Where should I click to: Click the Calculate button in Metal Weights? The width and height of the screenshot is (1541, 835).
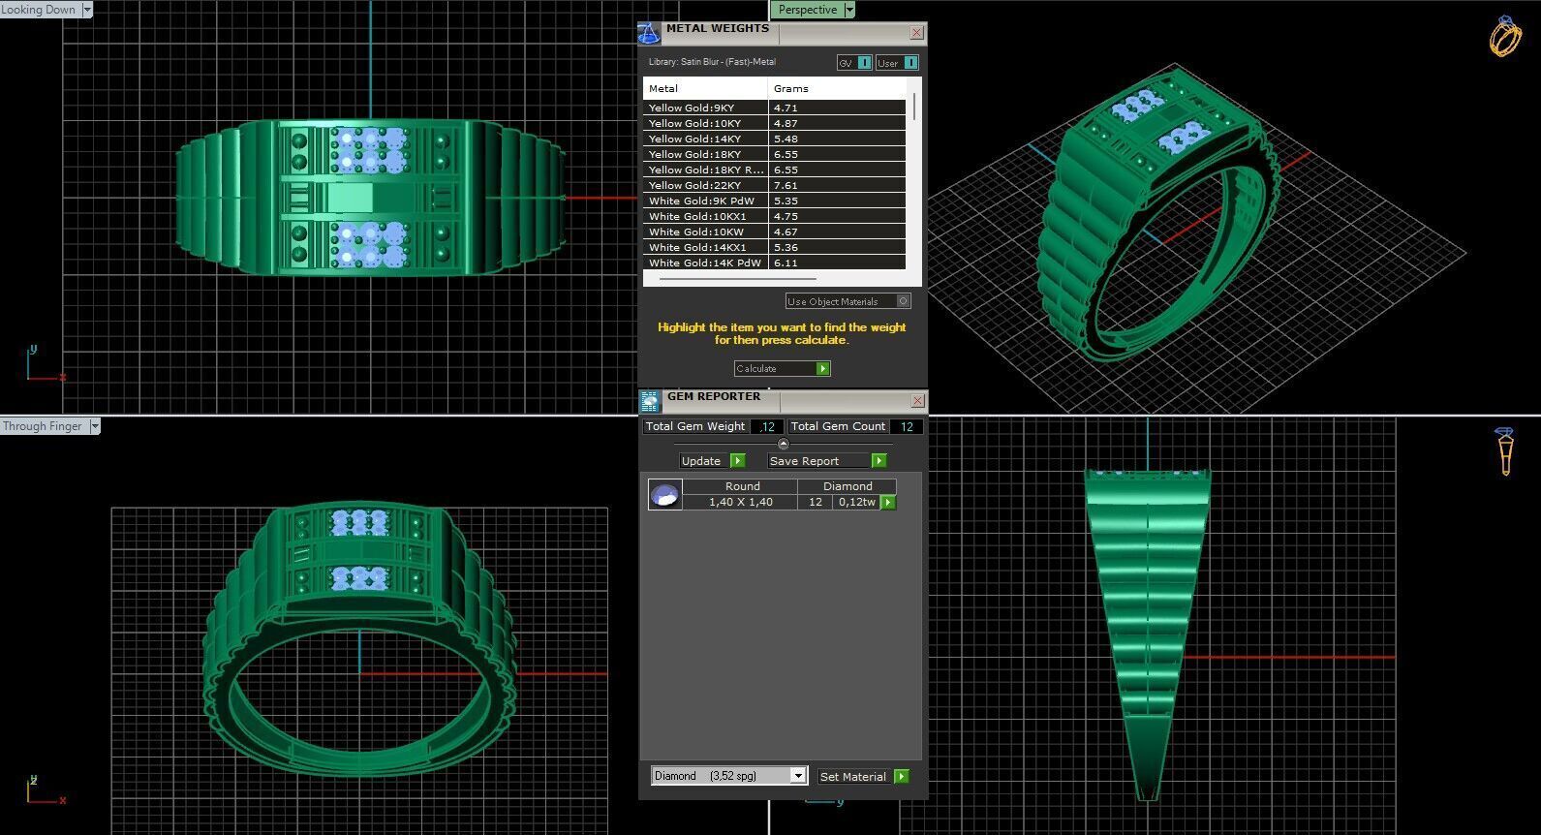tap(782, 369)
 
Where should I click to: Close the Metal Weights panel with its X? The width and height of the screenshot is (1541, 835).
tap(916, 33)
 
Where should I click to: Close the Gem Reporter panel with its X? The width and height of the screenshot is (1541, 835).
tap(917, 401)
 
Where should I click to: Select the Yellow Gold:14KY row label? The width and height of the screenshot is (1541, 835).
tap(695, 139)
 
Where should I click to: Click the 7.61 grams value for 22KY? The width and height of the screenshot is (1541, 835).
tap(786, 185)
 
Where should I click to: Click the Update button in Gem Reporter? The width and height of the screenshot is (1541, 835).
tap(711, 461)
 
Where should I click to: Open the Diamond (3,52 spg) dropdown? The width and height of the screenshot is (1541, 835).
tap(797, 776)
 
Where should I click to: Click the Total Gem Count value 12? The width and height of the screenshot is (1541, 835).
tap(907, 426)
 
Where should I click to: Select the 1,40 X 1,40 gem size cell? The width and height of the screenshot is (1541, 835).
tap(740, 502)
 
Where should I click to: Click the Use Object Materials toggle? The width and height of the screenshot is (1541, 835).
tap(848, 301)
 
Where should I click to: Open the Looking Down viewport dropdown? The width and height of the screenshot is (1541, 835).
tap(87, 10)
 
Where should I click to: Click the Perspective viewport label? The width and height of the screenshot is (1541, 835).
tap(807, 10)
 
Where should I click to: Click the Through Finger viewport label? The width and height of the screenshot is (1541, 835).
tap(43, 426)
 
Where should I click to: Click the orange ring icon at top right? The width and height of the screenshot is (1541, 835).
tap(1504, 37)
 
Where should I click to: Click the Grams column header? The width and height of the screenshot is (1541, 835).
tap(791, 88)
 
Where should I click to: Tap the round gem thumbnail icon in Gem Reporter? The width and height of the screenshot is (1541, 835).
tap(664, 495)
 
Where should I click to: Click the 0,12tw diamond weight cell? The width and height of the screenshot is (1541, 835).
tap(856, 502)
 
